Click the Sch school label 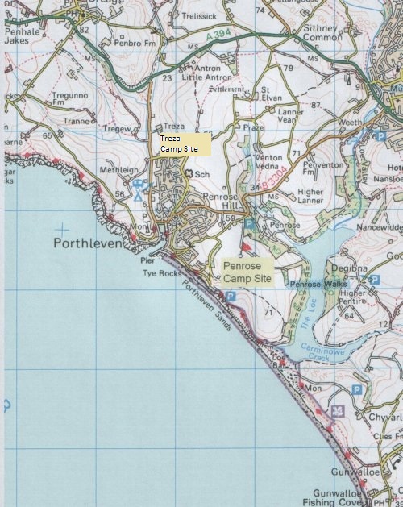pyautogui.click(x=202, y=174)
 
